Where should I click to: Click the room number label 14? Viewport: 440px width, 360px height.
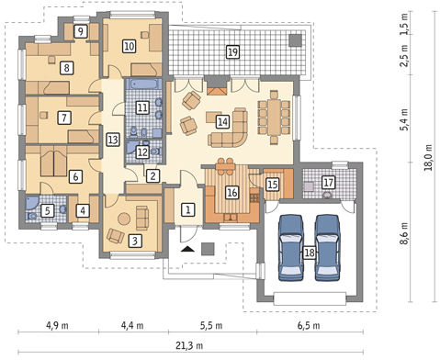tap(222, 122)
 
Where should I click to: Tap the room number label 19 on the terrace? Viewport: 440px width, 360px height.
tap(232, 51)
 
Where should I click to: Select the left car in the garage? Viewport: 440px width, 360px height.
tap(291, 247)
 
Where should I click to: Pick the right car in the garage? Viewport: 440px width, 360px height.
tap(328, 247)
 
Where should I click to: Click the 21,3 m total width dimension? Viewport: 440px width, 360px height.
tap(189, 345)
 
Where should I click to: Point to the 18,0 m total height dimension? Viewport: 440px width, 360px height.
tap(428, 157)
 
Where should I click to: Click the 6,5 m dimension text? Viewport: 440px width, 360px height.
tap(309, 325)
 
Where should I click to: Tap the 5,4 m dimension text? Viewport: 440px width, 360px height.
tap(405, 119)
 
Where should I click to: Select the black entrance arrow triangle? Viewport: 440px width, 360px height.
tap(187, 249)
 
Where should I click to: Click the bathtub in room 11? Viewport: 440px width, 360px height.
tap(143, 84)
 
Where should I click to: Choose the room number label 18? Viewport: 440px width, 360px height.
tap(310, 253)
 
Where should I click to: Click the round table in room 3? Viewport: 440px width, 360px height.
tap(124, 219)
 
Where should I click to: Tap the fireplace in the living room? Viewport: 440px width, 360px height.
tap(217, 85)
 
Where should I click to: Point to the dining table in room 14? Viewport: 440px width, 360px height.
tap(274, 118)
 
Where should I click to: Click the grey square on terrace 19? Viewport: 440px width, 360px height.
tap(296, 40)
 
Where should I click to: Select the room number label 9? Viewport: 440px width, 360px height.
tap(81, 31)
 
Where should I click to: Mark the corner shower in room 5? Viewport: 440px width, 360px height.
tap(31, 203)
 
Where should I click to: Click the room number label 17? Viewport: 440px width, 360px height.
tap(328, 183)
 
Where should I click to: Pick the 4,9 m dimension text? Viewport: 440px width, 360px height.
tap(57, 325)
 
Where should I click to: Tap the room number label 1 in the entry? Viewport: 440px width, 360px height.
tap(188, 209)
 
